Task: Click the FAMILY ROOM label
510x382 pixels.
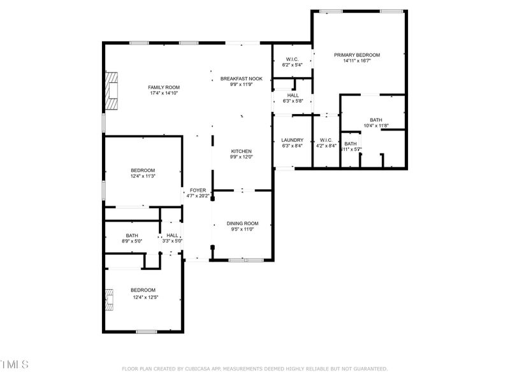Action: [164, 87]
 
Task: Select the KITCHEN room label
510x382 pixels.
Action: [242, 151]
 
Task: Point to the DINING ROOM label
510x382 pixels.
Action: [242, 223]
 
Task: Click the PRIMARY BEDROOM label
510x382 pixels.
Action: [357, 55]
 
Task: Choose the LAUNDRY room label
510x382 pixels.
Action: [293, 140]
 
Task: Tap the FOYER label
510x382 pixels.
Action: [198, 190]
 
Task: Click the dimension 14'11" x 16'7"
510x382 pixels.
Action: [357, 62]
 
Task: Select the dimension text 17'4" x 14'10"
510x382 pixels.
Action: [164, 94]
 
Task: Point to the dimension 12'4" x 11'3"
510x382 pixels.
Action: [143, 176]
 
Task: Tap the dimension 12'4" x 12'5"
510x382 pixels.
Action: [145, 297]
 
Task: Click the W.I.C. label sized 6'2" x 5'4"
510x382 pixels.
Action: [293, 59]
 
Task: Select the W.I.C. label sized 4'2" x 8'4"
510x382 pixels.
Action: [326, 140]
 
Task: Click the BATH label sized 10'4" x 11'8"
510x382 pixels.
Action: [375, 120]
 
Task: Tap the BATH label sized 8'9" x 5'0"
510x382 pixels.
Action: [132, 235]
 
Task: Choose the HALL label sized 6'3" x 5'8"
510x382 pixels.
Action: [293, 95]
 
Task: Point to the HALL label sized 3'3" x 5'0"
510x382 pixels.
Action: [172, 235]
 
